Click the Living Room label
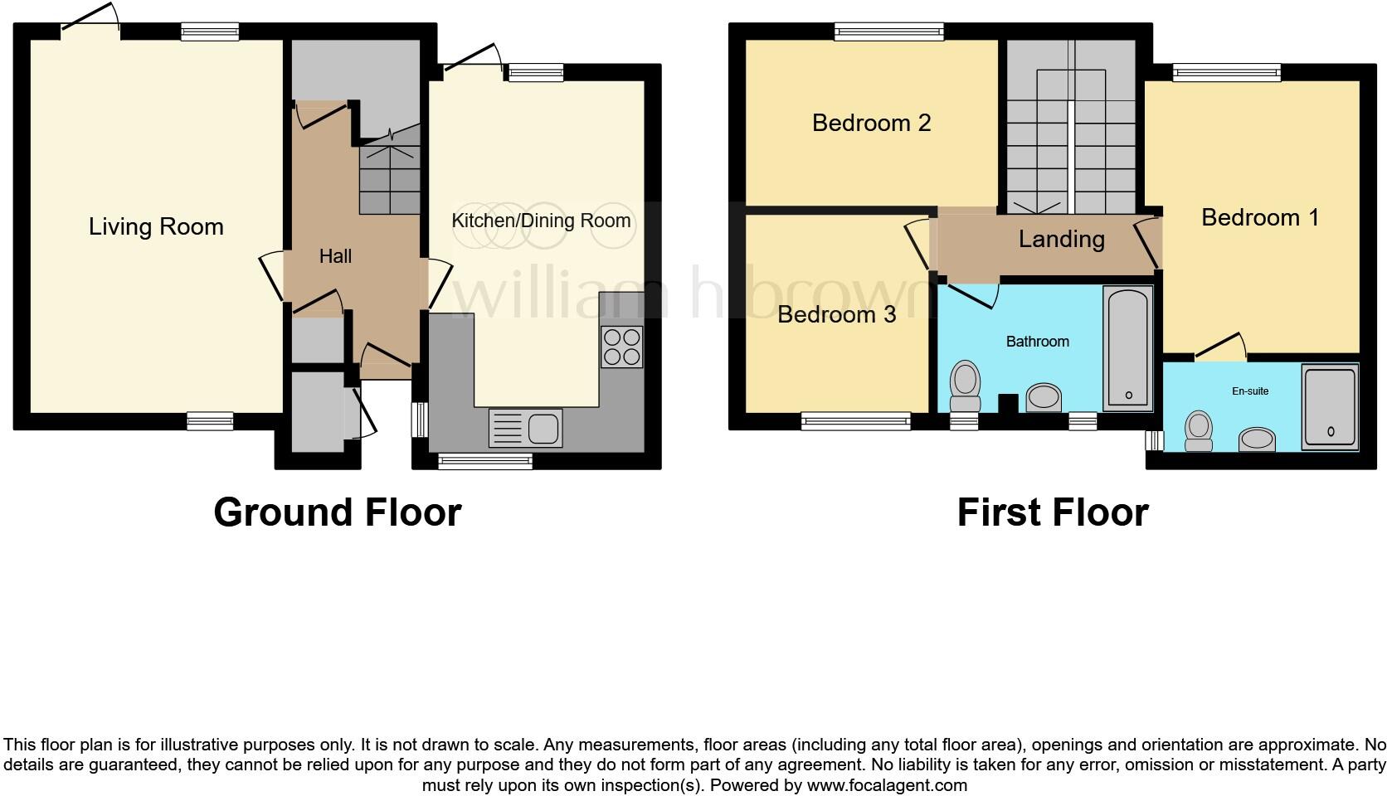[x=156, y=226]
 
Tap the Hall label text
[x=335, y=256]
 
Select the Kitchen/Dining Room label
[x=541, y=221]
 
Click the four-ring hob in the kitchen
[x=621, y=347]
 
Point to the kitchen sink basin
[x=543, y=428]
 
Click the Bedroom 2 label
[x=871, y=123]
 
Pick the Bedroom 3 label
[x=836, y=314]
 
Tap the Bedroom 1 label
[x=1259, y=217]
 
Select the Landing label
[x=1061, y=240]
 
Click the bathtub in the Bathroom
[x=1127, y=348]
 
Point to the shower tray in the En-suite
[x=1330, y=406]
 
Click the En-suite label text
[x=1249, y=391]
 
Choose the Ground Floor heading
[x=337, y=512]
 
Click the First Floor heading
[x=1052, y=512]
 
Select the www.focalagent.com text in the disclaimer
[x=887, y=784]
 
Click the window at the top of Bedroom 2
[x=888, y=32]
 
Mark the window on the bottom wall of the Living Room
[x=210, y=421]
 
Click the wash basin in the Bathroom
[x=1044, y=397]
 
